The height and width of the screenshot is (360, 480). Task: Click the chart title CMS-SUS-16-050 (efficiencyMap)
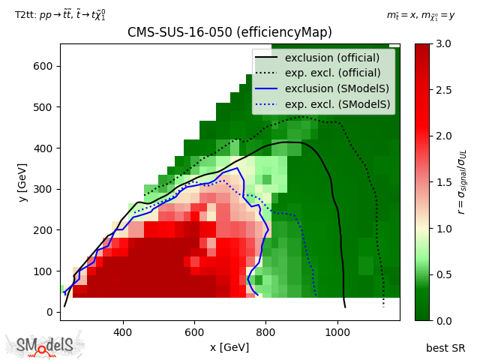point(229,32)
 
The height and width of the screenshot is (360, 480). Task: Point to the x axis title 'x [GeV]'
point(229,347)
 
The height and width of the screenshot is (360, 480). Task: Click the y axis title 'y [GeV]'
point(23,181)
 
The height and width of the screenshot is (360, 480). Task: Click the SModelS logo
point(46,345)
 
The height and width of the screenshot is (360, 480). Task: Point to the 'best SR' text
point(445,348)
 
